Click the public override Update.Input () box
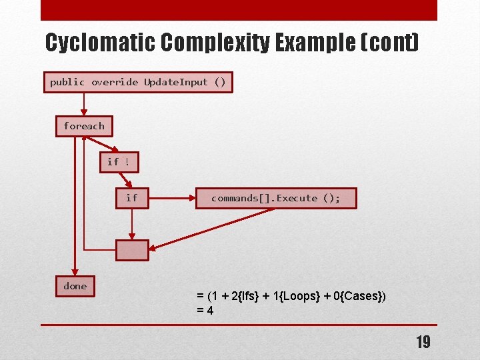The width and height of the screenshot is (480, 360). point(138,82)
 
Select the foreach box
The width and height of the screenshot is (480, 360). point(84,126)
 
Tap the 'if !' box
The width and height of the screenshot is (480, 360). point(119,162)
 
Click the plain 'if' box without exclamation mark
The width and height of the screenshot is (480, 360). point(132,198)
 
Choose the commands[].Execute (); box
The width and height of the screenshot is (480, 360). point(275,198)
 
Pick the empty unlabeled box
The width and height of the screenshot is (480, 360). point(132,249)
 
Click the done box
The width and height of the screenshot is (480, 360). point(75,286)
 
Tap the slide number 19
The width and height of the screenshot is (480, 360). point(423,343)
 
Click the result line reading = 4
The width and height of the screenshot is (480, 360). point(205,310)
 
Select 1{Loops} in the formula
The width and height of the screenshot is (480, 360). point(300,296)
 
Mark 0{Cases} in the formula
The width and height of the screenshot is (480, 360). point(358,296)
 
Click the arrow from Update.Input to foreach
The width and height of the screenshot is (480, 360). point(84,103)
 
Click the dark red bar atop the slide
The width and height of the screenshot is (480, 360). point(239,10)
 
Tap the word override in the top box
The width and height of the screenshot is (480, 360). point(115,82)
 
